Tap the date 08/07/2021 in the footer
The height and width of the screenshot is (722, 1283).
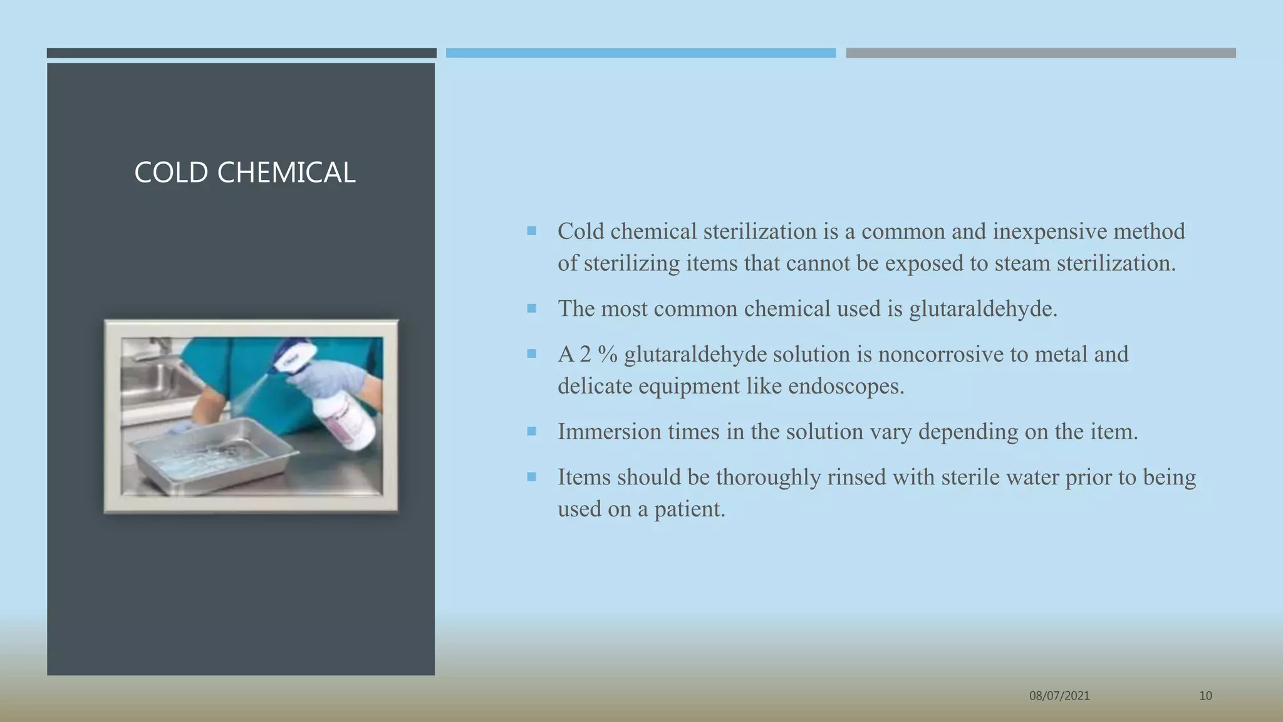pyautogui.click(x=1059, y=696)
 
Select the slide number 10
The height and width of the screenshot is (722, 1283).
pyautogui.click(x=1205, y=696)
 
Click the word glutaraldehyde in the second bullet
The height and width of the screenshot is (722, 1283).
pyautogui.click(x=982, y=309)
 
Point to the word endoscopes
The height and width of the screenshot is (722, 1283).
pyautogui.click(x=846, y=386)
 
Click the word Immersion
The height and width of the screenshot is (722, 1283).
pyautogui.click(x=609, y=432)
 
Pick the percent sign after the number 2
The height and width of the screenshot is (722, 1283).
pyautogui.click(x=607, y=355)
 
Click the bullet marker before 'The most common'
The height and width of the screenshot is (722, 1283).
pyautogui.click(x=532, y=308)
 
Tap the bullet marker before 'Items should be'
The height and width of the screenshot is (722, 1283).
pyautogui.click(x=532, y=477)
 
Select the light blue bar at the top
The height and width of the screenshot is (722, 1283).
pyautogui.click(x=640, y=53)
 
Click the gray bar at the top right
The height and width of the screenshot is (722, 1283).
pyautogui.click(x=1041, y=53)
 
